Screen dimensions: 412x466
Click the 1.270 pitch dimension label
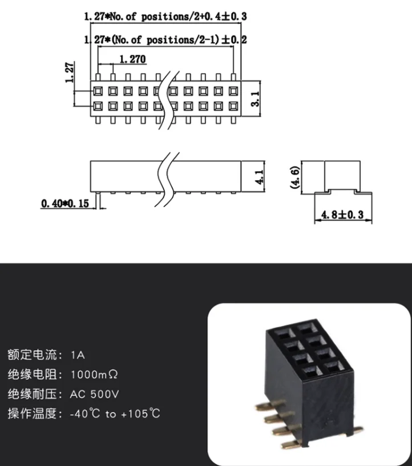(132, 59)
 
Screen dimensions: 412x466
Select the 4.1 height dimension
(258, 176)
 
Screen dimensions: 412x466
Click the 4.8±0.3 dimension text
(343, 215)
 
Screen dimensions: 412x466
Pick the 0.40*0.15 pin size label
(65, 203)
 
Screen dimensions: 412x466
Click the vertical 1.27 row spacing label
(70, 73)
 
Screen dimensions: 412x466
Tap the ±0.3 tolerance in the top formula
(228, 17)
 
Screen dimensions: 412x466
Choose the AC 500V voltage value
(95, 394)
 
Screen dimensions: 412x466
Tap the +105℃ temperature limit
(140, 414)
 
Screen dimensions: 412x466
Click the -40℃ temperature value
(84, 414)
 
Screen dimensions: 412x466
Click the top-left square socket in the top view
(98, 91)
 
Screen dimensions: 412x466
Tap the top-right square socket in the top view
(233, 91)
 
